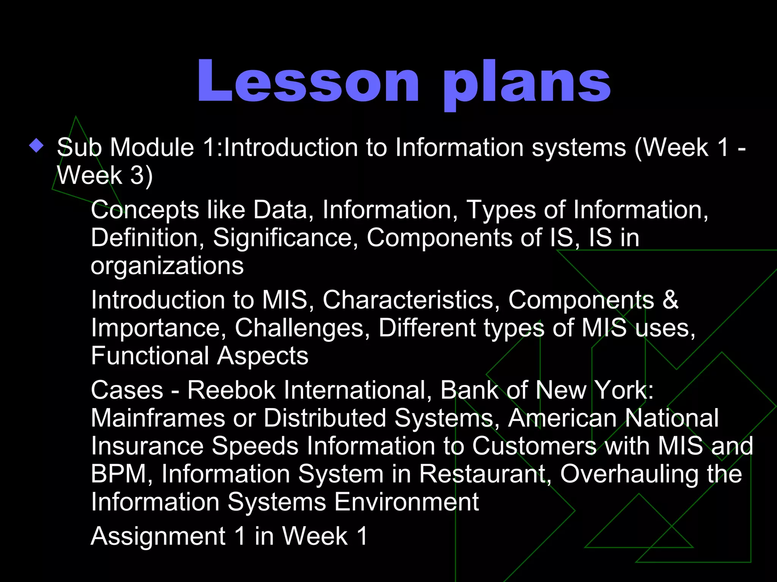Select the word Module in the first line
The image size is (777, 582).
tap(152, 147)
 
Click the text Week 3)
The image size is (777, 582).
tap(105, 175)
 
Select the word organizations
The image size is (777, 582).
tap(167, 266)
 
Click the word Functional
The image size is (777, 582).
tap(150, 356)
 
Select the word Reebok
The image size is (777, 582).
tap(231, 390)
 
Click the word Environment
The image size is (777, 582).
tap(406, 502)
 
